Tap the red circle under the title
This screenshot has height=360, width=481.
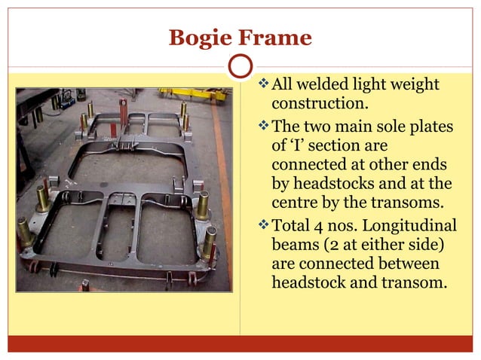point(240,66)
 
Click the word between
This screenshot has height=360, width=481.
point(404,264)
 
